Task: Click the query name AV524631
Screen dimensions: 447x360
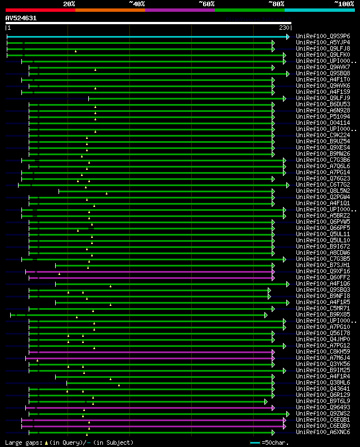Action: (x=21, y=18)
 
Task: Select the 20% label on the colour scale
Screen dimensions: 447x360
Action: (x=69, y=3)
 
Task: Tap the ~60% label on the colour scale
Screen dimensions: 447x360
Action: (x=206, y=3)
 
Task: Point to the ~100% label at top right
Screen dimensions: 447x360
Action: (x=344, y=3)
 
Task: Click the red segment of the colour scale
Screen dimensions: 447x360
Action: (x=40, y=10)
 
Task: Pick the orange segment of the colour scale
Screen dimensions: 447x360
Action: (x=110, y=10)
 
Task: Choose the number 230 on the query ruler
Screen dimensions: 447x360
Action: (x=284, y=28)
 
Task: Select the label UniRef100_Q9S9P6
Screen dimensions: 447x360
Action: (x=323, y=36)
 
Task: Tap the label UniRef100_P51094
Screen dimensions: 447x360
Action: (x=323, y=116)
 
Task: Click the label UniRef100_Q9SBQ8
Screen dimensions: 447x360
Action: (x=323, y=73)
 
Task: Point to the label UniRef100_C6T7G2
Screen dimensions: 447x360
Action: (x=323, y=184)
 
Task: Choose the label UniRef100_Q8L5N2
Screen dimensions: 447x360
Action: (x=323, y=191)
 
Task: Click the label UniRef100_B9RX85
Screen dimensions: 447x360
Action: (x=323, y=314)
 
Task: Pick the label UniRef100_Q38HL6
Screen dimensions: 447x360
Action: (x=323, y=382)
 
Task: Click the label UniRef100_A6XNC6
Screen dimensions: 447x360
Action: (x=323, y=432)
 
